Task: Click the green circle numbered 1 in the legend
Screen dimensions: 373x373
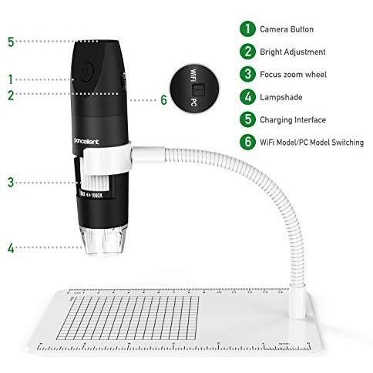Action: pyautogui.click(x=246, y=29)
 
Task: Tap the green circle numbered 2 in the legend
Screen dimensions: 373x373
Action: pyautogui.click(x=246, y=52)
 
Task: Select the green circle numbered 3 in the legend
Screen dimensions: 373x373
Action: pyautogui.click(x=246, y=74)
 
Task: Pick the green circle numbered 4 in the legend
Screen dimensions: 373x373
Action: pyautogui.click(x=246, y=97)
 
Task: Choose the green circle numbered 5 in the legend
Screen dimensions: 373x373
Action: pyautogui.click(x=246, y=119)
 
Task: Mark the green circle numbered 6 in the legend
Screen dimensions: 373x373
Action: pyautogui.click(x=246, y=142)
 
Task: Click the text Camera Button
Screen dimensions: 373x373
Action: pyautogui.click(x=287, y=29)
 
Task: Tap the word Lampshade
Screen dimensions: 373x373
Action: pyautogui.click(x=282, y=97)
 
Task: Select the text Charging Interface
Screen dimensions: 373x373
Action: pyautogui.click(x=294, y=119)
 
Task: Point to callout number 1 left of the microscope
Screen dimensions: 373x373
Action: pyautogui.click(x=10, y=79)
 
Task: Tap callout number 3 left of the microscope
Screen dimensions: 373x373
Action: pyautogui.click(x=10, y=183)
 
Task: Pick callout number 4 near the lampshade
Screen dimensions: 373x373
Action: pyautogui.click(x=10, y=248)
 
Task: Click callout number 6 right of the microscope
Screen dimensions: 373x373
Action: pyautogui.click(x=163, y=99)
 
